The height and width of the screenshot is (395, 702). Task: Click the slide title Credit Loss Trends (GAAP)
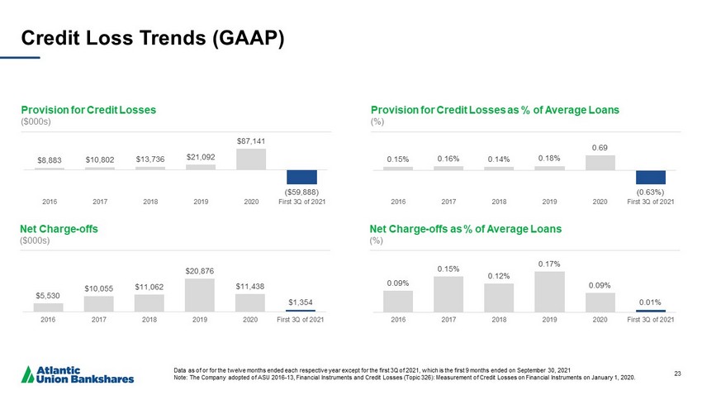click(x=152, y=39)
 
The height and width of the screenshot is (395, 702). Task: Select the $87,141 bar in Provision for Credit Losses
click(x=250, y=159)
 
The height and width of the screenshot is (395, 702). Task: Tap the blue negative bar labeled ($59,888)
click(x=302, y=177)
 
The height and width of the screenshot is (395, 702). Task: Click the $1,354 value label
click(x=301, y=302)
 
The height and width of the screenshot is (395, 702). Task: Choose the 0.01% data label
click(x=652, y=302)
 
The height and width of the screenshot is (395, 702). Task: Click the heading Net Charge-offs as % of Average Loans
click(x=466, y=227)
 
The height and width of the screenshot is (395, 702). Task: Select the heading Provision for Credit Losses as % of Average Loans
click(x=495, y=109)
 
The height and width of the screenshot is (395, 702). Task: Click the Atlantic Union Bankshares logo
click(x=79, y=374)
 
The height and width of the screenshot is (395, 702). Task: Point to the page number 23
click(x=679, y=374)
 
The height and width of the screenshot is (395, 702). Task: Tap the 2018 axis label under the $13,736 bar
click(x=150, y=200)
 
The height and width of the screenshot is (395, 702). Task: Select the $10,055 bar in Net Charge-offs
click(x=99, y=304)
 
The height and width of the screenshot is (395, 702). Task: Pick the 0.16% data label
click(x=448, y=159)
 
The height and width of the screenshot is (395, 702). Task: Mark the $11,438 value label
click(x=251, y=286)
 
